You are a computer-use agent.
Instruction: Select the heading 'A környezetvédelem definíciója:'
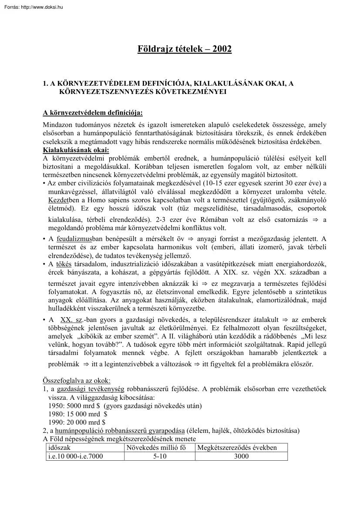[x=92, y=113]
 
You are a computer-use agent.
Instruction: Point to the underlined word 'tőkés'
[x=64, y=264]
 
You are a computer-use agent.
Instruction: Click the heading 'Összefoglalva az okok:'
[x=77, y=381]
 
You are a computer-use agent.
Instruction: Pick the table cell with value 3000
[x=241, y=456]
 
